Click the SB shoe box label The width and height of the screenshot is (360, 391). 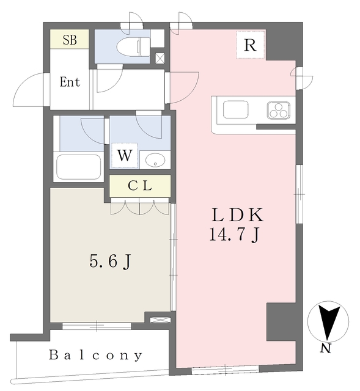click(x=70, y=40)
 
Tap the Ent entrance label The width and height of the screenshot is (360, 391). click(x=70, y=82)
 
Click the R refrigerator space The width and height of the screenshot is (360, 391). click(x=250, y=45)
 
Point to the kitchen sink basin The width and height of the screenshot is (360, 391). click(x=235, y=109)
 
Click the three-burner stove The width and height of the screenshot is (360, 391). click(x=279, y=110)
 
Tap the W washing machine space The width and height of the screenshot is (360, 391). click(x=125, y=155)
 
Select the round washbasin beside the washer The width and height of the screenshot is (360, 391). click(x=155, y=159)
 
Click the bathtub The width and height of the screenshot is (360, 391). click(x=79, y=167)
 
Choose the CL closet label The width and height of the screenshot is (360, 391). click(x=140, y=186)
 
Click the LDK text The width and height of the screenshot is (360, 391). click(x=238, y=215)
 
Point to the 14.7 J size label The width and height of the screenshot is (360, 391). click(x=235, y=235)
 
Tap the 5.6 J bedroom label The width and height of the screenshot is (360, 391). click(x=110, y=261)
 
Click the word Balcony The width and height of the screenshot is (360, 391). click(x=95, y=356)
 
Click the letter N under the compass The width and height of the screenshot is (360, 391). click(x=326, y=348)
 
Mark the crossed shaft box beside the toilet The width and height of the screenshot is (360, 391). click(x=160, y=59)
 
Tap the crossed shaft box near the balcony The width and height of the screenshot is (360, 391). click(x=160, y=320)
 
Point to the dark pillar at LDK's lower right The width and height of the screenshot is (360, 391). click(x=281, y=322)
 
